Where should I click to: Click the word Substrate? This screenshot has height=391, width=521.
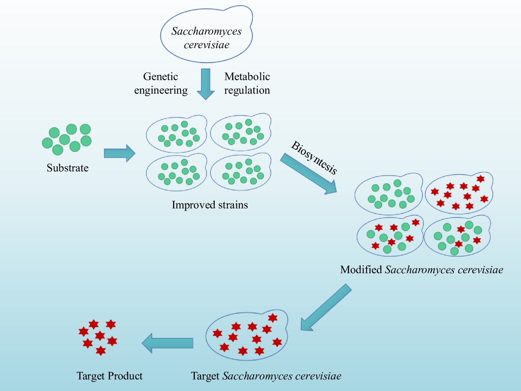(68, 168)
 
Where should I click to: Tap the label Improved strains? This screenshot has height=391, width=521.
(210, 205)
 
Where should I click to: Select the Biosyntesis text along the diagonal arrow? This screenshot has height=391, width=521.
(314, 157)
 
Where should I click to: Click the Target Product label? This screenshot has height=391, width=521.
(109, 376)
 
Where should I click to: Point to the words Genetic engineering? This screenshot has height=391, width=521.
(161, 83)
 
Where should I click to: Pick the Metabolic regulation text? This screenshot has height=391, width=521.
(247, 83)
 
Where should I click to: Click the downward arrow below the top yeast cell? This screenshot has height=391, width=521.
(206, 83)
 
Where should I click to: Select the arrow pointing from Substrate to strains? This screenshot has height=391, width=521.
(119, 153)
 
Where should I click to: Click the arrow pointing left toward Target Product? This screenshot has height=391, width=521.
(168, 343)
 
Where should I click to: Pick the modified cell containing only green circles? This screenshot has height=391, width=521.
(388, 195)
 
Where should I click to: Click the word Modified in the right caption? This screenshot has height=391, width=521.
(361, 269)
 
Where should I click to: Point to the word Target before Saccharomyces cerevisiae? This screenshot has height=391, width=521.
(205, 376)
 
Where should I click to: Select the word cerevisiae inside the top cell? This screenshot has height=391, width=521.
(206, 45)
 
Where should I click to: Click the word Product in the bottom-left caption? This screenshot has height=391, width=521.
(125, 376)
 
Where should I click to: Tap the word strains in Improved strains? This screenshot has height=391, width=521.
(233, 205)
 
